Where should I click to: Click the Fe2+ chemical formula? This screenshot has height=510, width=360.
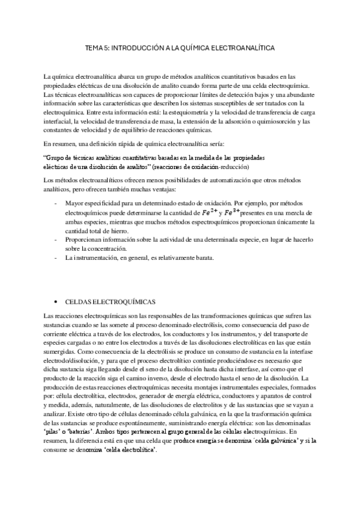pos(207,212)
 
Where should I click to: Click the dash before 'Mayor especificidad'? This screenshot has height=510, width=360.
pos(56,204)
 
